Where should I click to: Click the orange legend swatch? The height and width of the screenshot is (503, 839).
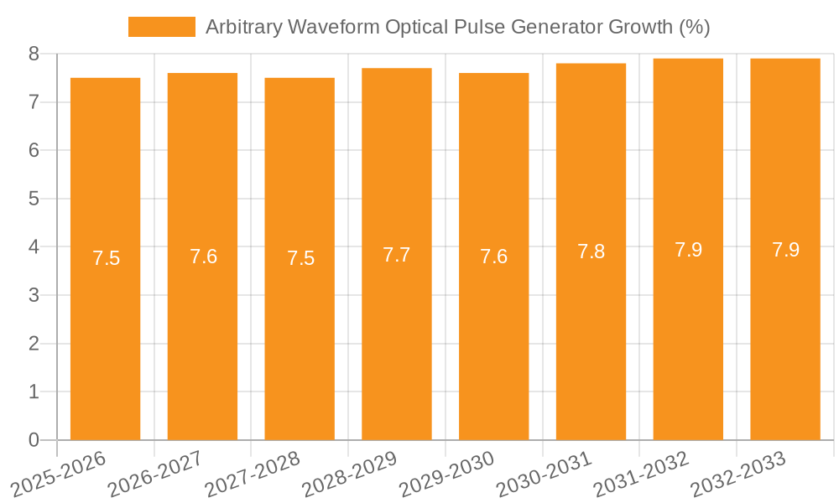click(161, 27)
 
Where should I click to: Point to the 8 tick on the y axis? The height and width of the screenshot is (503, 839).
click(34, 54)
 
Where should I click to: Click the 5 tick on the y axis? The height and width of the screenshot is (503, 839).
click(34, 199)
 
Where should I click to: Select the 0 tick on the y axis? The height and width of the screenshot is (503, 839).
click(34, 440)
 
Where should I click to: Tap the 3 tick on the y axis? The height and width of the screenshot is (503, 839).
click(34, 295)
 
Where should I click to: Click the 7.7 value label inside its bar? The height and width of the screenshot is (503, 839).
click(397, 255)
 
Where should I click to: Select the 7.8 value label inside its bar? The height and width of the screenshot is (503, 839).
click(591, 251)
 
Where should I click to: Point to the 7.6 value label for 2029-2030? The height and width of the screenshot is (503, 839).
click(494, 257)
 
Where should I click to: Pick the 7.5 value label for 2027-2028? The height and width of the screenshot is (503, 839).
click(300, 258)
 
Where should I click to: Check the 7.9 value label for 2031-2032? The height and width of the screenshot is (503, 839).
click(688, 250)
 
